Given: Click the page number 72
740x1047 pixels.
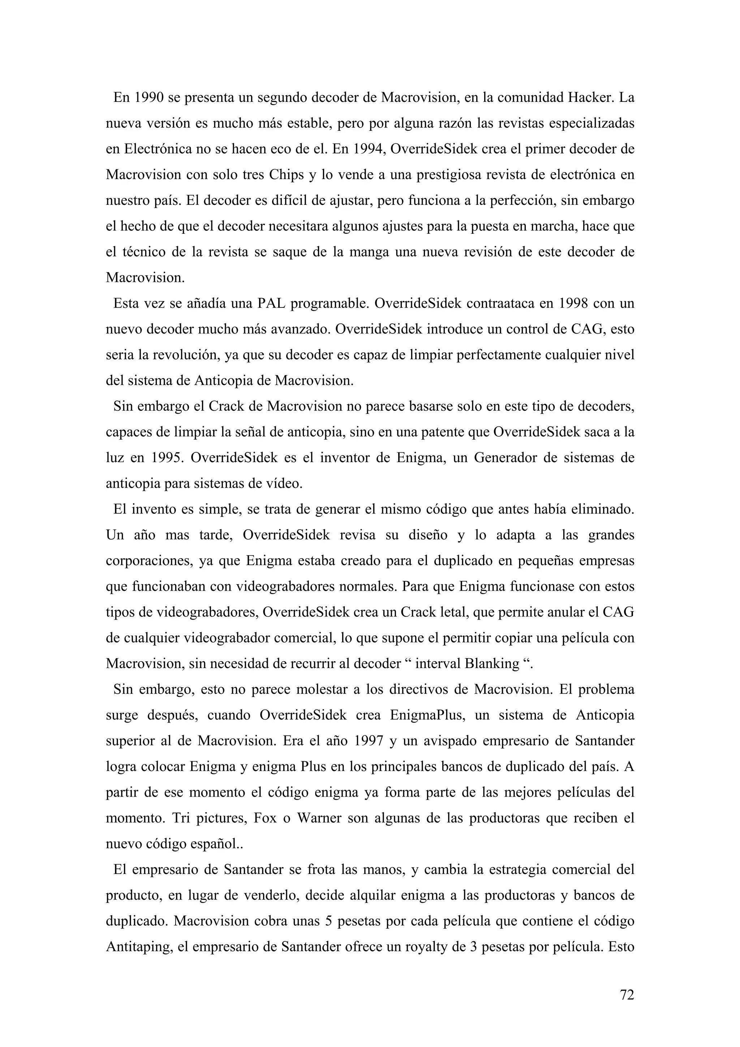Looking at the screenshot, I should pos(627,995).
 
